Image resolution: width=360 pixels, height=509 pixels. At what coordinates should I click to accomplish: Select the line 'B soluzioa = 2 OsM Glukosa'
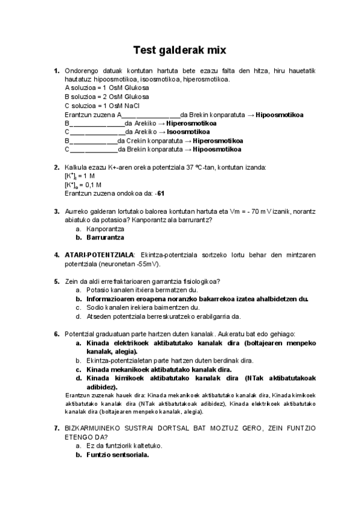(107, 96)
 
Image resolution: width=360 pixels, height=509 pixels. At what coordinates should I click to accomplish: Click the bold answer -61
(159, 193)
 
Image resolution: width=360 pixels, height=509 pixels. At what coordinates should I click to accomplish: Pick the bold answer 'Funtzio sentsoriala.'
(118, 454)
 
